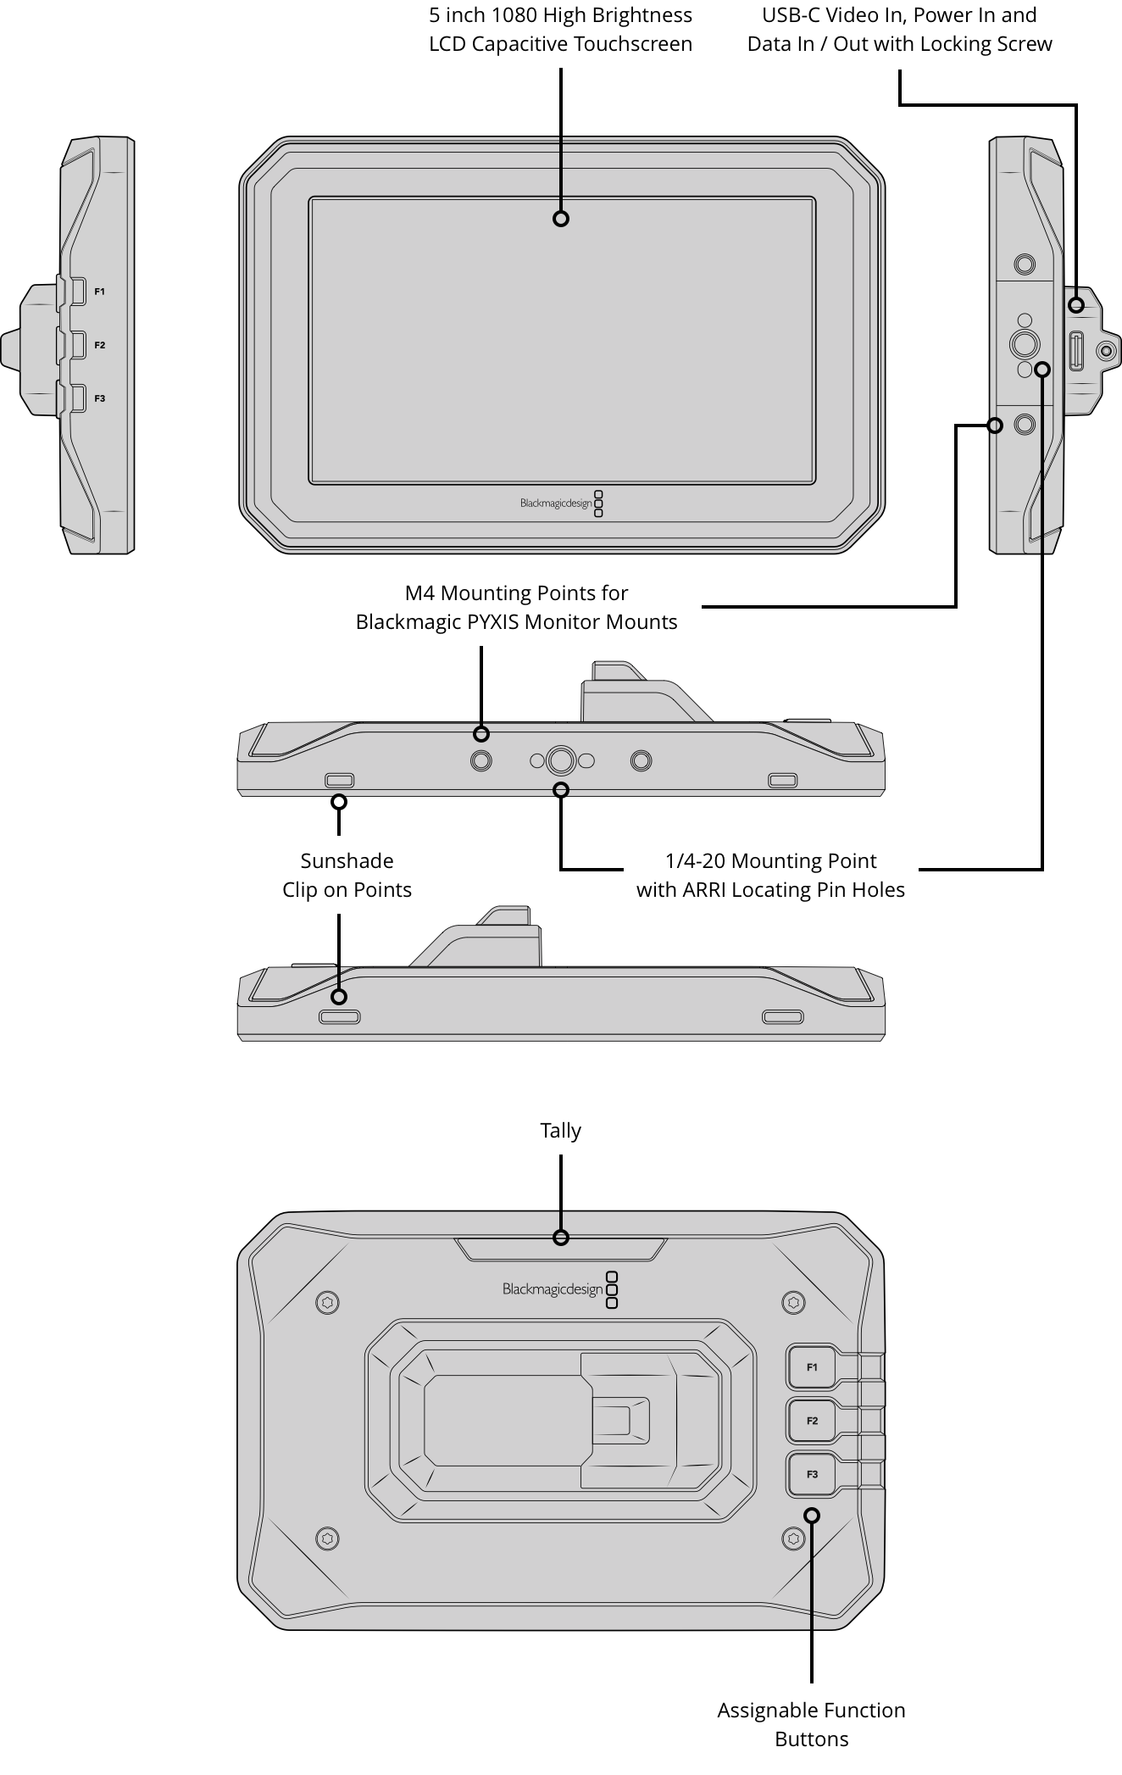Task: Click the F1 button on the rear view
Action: [812, 1367]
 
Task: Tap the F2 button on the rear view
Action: [812, 1421]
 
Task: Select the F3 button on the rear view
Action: [812, 1474]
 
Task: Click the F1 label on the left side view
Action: [99, 292]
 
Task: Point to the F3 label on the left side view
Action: [99, 398]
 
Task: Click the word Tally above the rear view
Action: [560, 1130]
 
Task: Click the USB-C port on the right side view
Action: [1076, 351]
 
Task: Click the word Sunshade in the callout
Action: [347, 861]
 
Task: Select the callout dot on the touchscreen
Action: [560, 219]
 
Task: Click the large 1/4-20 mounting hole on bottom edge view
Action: [560, 760]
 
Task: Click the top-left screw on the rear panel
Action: [327, 1302]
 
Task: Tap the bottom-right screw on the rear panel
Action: [793, 1538]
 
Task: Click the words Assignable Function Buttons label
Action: [811, 1724]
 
